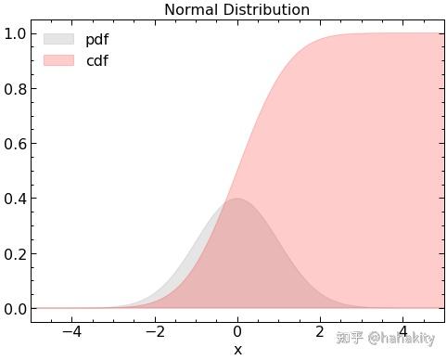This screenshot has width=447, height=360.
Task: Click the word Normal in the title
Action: pyautogui.click(x=191, y=10)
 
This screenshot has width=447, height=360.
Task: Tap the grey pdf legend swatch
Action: pyautogui.click(x=58, y=39)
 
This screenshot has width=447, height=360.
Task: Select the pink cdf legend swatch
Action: pyautogui.click(x=58, y=60)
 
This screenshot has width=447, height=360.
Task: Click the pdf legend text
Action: pyautogui.click(x=97, y=40)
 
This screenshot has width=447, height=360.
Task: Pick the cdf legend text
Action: pyautogui.click(x=97, y=60)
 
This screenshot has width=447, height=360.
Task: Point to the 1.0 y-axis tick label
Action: pyautogui.click(x=15, y=33)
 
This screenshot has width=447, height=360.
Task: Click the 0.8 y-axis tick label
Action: pyautogui.click(x=15, y=89)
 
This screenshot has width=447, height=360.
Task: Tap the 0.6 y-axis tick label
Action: pyautogui.click(x=15, y=144)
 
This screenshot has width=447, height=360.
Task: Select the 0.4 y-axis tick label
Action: pyautogui.click(x=15, y=199)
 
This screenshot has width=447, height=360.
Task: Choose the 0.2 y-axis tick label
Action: pyautogui.click(x=15, y=254)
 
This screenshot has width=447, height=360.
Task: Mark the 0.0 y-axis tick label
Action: pyautogui.click(x=15, y=309)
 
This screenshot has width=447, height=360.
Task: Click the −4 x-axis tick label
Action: pyautogui.click(x=71, y=332)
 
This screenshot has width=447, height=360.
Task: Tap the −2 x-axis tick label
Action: pyautogui.click(x=155, y=332)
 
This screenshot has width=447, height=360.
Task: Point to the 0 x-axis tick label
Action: pyautogui.click(x=237, y=332)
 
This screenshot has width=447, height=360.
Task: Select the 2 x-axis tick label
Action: pyautogui.click(x=320, y=332)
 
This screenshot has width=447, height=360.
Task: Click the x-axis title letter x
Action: pyautogui.click(x=237, y=351)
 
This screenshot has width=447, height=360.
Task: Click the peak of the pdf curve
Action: pyautogui.click(x=237, y=199)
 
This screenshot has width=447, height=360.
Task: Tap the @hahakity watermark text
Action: pyautogui.click(x=402, y=338)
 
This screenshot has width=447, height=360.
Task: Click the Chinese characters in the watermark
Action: pyautogui.click(x=350, y=338)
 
